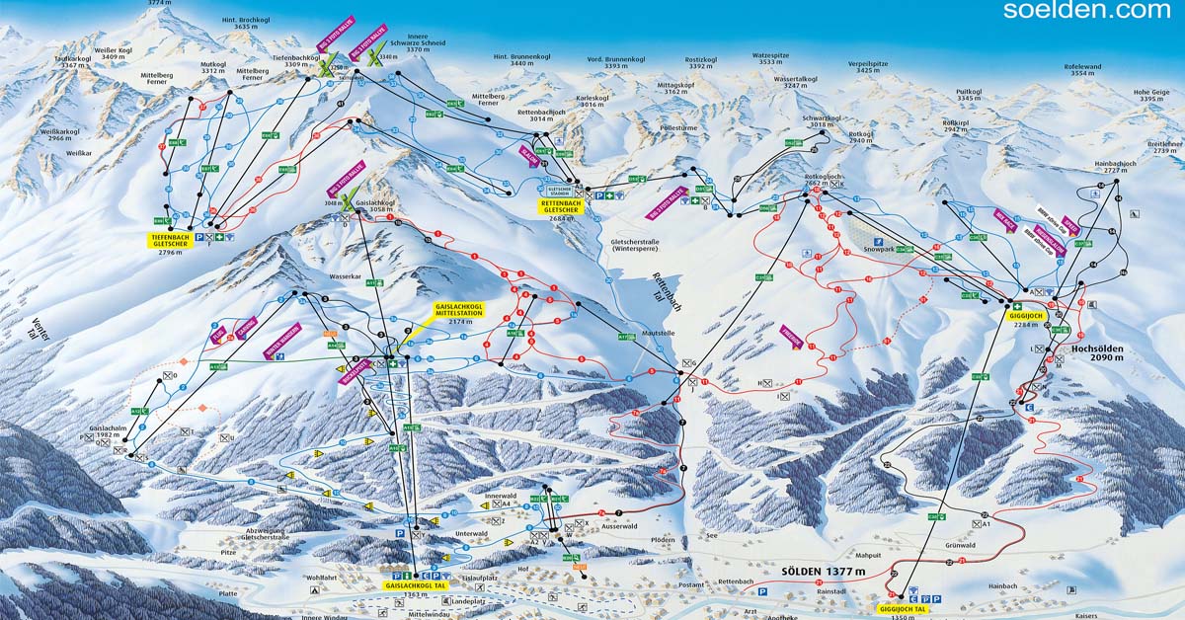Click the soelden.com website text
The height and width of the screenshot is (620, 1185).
tap(1086, 10)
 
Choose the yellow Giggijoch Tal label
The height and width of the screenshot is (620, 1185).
tap(904, 609)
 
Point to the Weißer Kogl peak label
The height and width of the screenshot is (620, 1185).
tap(113, 53)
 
